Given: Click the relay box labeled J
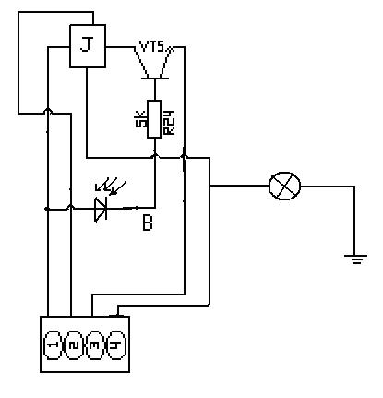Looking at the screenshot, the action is coord(88,46).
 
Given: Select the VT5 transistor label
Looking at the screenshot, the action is coord(152,47).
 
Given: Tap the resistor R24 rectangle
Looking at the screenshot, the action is coord(154,119).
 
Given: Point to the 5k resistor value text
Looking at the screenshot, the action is coord(140,120).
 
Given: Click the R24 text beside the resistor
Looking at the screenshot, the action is coord(170,122).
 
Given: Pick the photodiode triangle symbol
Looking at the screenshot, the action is coord(101,210).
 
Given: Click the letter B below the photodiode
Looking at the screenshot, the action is coord(148,223).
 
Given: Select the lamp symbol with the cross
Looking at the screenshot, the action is coord(284,186).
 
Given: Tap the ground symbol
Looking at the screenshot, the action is coord(356,259).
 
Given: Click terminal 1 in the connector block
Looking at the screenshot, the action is coord(53,345).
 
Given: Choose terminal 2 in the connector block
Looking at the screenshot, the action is coord(74,345).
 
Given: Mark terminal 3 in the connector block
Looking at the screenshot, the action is coord(96,345).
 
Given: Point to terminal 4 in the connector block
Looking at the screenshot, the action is coord(117,345).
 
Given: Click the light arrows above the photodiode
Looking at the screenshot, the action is coord(111,186).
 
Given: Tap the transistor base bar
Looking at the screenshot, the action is coord(155,78).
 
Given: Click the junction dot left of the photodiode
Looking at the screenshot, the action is coord(47,209).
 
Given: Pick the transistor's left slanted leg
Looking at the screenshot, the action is coord(141,62).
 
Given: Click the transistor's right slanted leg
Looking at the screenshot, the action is coord(166,62).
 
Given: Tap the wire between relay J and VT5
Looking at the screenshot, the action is coord(121,47).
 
